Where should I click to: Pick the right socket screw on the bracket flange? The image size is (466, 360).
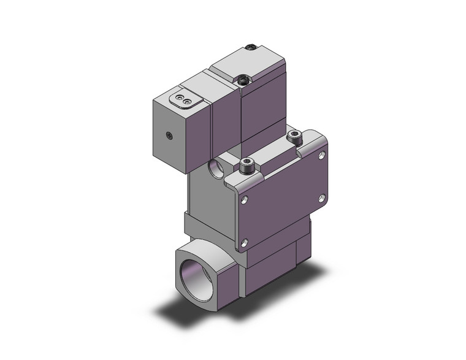[x=294, y=137]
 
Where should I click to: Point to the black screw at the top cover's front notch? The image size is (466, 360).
[x=243, y=79]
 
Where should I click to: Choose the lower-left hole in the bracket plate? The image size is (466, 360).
[x=245, y=242]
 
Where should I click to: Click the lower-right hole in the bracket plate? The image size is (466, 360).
[x=322, y=197]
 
